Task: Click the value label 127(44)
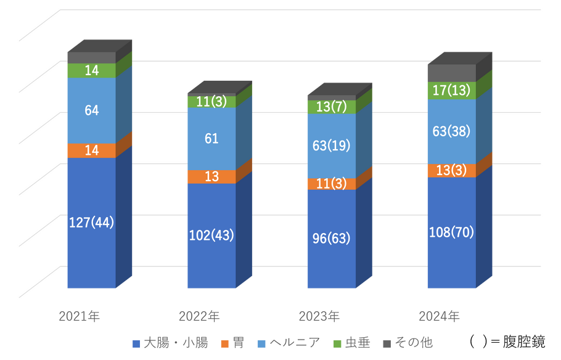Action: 91,222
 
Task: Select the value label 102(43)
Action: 211,235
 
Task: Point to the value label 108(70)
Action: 451,233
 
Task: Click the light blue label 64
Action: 91,110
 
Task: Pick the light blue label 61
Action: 211,139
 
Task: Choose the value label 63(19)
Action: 332,147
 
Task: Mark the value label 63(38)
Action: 451,132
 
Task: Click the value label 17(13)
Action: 451,91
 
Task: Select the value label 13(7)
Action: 332,107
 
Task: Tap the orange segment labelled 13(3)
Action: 451,171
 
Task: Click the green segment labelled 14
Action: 91,70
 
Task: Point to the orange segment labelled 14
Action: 91,150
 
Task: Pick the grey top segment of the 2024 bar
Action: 451,73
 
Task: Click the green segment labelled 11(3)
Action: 211,102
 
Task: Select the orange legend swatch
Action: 224,343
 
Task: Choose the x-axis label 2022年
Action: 199,317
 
